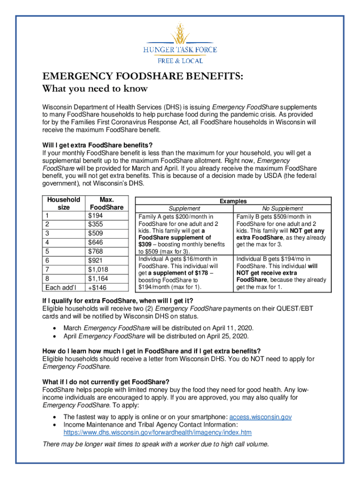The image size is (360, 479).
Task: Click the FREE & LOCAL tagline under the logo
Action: (180, 61)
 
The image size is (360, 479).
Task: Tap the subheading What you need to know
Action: (95, 89)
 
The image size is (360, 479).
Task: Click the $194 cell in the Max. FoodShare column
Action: (96, 216)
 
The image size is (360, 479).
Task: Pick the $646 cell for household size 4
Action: (96, 242)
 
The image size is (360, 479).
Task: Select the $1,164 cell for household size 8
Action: (98, 278)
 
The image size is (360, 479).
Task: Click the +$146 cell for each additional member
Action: (97, 287)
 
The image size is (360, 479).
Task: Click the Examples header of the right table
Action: (233, 201)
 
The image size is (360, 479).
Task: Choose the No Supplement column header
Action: (282, 209)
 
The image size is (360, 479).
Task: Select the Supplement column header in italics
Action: (184, 209)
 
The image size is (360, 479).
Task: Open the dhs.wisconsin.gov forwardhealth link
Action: (157, 432)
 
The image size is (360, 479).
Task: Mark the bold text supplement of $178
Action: (180, 273)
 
